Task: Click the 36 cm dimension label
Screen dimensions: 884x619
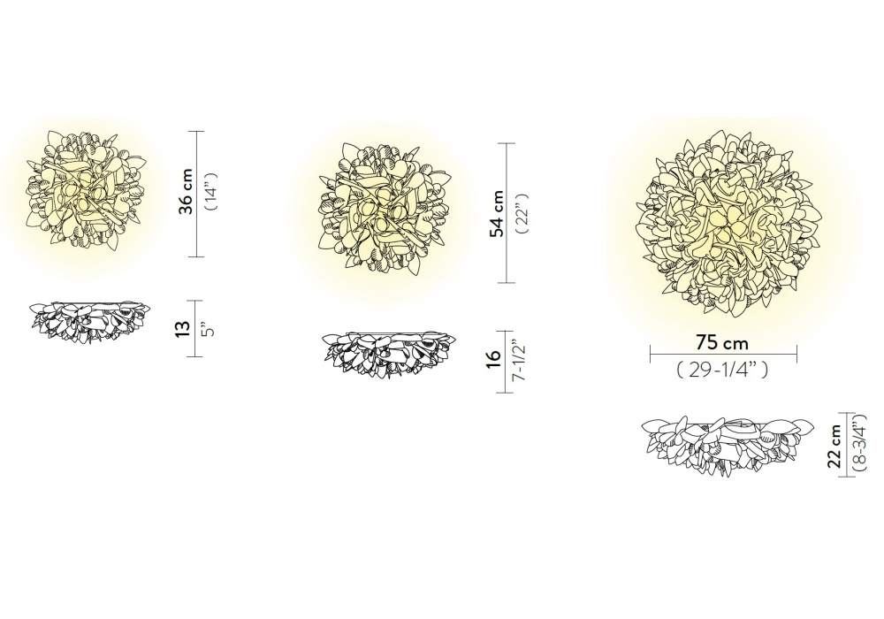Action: tap(186, 191)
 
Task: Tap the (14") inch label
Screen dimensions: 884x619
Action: tap(211, 192)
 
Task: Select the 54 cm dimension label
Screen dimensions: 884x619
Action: tap(497, 214)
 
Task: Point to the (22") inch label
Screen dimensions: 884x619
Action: tap(522, 214)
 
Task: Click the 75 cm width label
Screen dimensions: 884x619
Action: tap(721, 342)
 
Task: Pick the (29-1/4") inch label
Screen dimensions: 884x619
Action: tap(722, 370)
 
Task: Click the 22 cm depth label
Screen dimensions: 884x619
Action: tap(835, 446)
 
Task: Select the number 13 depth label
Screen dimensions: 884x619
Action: tap(182, 329)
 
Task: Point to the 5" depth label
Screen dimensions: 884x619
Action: tap(210, 329)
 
